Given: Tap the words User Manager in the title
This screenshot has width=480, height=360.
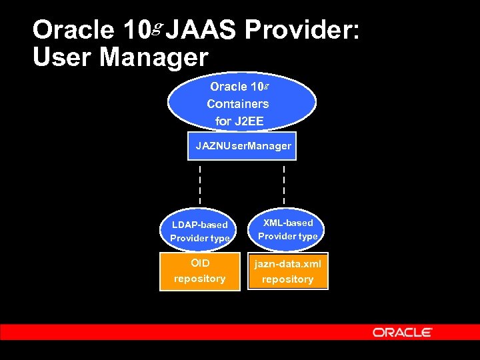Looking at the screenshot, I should point(120,57).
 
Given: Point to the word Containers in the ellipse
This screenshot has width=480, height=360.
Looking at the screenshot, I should point(238,104).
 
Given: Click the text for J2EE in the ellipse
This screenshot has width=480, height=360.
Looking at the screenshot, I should point(239,121).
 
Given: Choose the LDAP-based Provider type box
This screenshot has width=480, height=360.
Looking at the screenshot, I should point(199,231).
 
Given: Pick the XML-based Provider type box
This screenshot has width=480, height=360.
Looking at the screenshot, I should point(288,229).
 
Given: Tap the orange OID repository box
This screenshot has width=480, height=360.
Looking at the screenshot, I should point(199,271).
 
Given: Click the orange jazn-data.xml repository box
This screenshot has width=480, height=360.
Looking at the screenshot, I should point(288,271).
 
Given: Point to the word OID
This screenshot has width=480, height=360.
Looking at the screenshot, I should point(199,263).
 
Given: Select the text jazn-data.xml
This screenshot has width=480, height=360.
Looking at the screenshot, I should point(288,264).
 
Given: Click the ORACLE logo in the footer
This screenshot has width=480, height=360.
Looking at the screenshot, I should point(403,332).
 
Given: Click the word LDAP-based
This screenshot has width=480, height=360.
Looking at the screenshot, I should point(199,225).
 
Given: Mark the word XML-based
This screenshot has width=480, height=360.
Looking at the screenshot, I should point(288,223).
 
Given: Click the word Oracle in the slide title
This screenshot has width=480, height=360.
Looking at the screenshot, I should point(73,29).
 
